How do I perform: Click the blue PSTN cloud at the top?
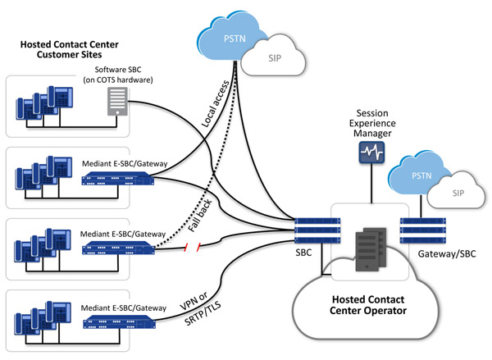pos(234,38)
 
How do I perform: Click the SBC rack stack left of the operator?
pos(314,233)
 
